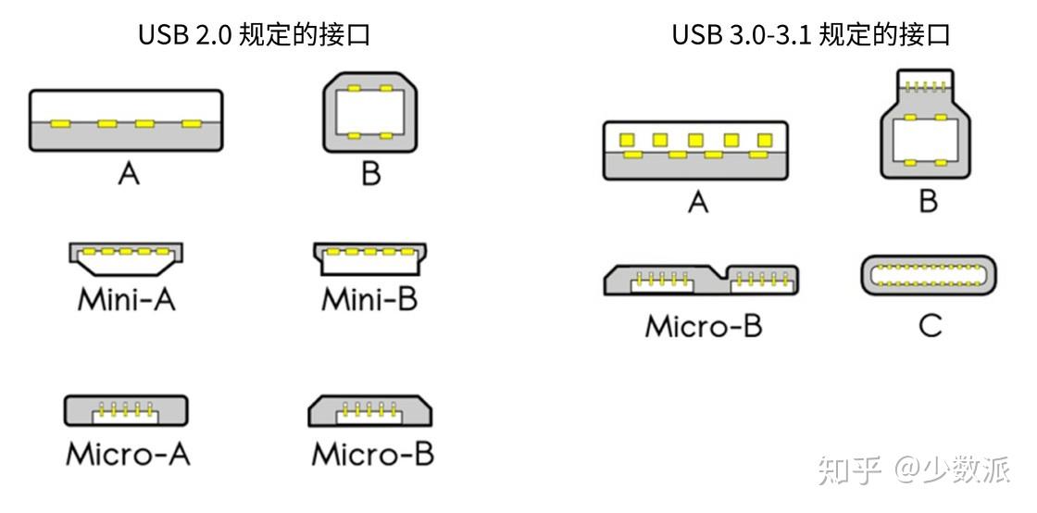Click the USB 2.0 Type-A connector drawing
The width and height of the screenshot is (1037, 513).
[126, 120]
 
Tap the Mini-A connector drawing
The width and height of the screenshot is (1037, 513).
[125, 259]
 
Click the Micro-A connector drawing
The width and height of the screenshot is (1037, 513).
[126, 410]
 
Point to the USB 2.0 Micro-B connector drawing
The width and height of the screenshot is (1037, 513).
[370, 410]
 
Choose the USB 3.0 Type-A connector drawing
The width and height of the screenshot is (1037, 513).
[695, 150]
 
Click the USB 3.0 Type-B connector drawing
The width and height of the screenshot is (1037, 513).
[927, 124]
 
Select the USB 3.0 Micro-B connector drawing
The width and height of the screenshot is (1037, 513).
[703, 280]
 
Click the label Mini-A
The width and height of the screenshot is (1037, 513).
[126, 300]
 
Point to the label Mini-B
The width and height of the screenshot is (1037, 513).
[369, 300]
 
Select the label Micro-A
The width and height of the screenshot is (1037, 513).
[128, 454]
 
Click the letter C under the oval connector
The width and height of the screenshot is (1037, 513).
[930, 325]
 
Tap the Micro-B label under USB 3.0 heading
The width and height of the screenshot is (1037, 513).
[704, 326]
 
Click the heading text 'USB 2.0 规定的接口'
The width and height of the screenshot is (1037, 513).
[255, 35]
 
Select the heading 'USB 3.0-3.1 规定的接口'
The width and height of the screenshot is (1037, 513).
[811, 35]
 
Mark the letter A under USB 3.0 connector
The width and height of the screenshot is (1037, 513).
[697, 201]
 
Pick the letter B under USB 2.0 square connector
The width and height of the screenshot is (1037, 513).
[370, 173]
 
